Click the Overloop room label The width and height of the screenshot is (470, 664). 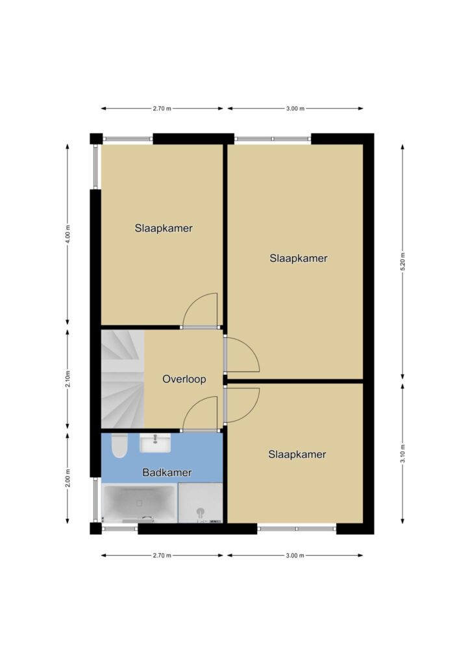pyautogui.click(x=184, y=379)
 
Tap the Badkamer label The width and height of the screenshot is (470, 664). pyautogui.click(x=167, y=472)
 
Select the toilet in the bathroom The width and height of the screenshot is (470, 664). pyautogui.click(x=119, y=446)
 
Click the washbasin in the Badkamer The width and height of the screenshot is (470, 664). pyautogui.click(x=155, y=443)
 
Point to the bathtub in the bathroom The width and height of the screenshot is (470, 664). pyautogui.click(x=140, y=503)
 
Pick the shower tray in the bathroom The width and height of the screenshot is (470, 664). pyautogui.click(x=200, y=503)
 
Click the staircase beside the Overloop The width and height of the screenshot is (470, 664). pyautogui.click(x=123, y=379)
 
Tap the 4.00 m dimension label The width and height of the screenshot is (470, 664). pyautogui.click(x=68, y=234)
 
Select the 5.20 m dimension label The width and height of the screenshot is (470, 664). pyautogui.click(x=402, y=262)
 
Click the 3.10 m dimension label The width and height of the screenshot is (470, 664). pyautogui.click(x=402, y=453)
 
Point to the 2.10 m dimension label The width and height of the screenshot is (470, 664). pyautogui.click(x=68, y=379)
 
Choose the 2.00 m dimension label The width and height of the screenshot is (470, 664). pyautogui.click(x=68, y=478)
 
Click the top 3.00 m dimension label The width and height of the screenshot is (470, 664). pyautogui.click(x=295, y=108)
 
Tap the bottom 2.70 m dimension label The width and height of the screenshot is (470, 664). pyautogui.click(x=162, y=555)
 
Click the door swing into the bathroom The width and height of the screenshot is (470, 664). pyautogui.click(x=200, y=414)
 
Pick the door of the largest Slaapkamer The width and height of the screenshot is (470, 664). pyautogui.click(x=241, y=355)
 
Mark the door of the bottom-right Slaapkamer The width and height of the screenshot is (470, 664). pyautogui.click(x=241, y=405)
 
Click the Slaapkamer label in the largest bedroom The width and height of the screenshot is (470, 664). pyautogui.click(x=299, y=258)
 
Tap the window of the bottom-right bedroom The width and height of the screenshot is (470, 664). pyautogui.click(x=297, y=528)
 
